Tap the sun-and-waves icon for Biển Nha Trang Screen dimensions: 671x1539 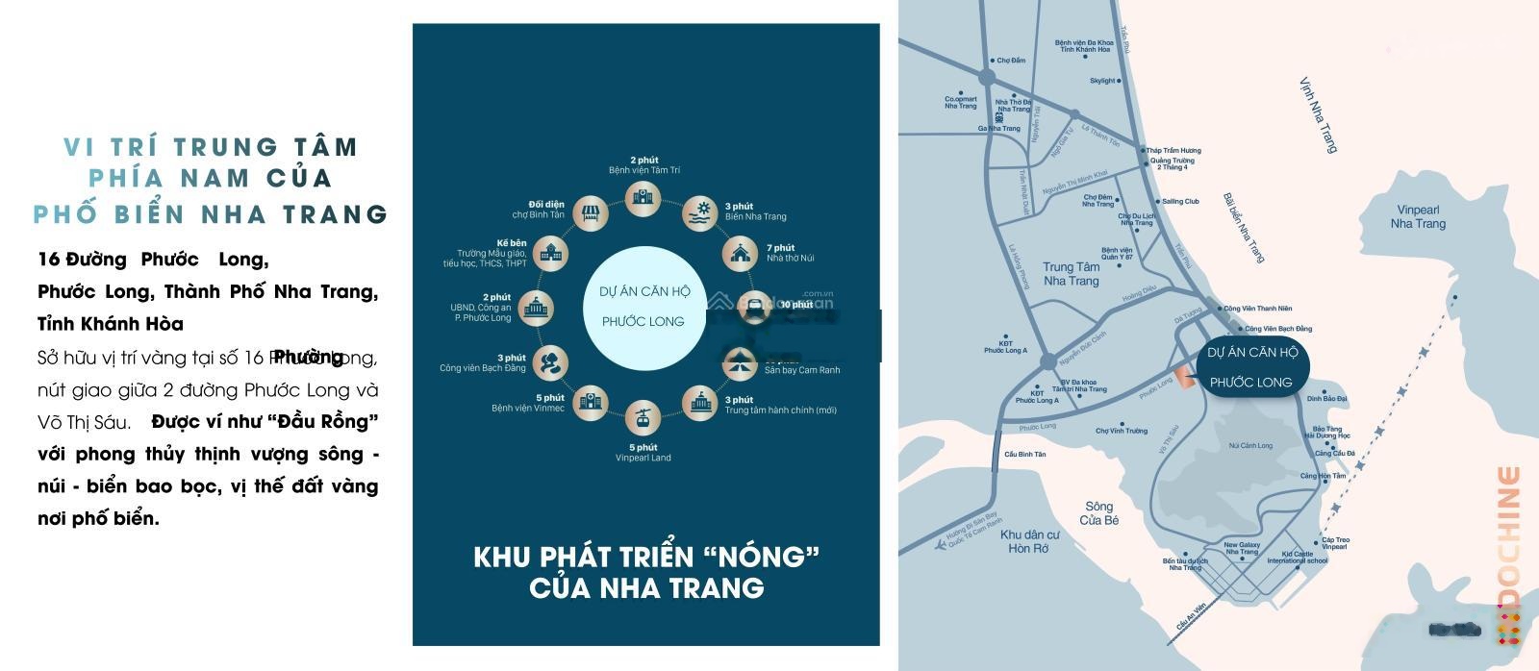click(702, 213)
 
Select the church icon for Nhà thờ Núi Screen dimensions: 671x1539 click(742, 254)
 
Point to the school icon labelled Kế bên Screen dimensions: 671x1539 click(549, 254)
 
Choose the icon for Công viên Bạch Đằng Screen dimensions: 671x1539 click(549, 363)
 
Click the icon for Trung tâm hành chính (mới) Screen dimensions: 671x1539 click(702, 403)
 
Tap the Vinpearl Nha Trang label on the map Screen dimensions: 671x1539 click(1418, 217)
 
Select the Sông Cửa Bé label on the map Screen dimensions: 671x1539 click(1098, 513)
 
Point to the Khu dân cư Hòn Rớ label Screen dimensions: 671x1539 click(1029, 541)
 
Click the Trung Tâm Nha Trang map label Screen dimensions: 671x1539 click(1071, 274)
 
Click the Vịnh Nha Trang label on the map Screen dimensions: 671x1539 click(1318, 115)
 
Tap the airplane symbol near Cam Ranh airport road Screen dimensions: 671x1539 click(941, 545)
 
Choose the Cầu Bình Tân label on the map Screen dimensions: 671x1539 click(1024, 454)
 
